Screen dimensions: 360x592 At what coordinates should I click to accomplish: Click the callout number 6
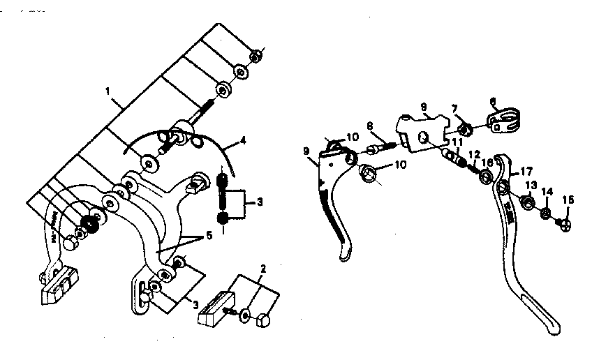(x=492, y=100)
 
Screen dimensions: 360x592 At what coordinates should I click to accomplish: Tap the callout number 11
(x=457, y=143)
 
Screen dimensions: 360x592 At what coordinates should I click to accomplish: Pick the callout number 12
(x=473, y=155)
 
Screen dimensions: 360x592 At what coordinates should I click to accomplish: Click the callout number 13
(x=531, y=186)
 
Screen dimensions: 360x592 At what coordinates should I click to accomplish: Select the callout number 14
(x=547, y=191)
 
